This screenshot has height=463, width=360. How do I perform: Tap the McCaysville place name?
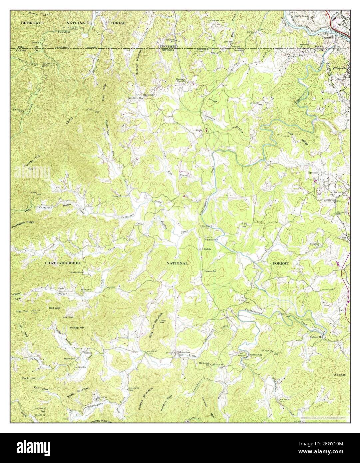click(x=340, y=69)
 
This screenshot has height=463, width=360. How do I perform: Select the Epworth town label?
click(x=313, y=173)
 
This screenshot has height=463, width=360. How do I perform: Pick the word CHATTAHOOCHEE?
click(x=63, y=263)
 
